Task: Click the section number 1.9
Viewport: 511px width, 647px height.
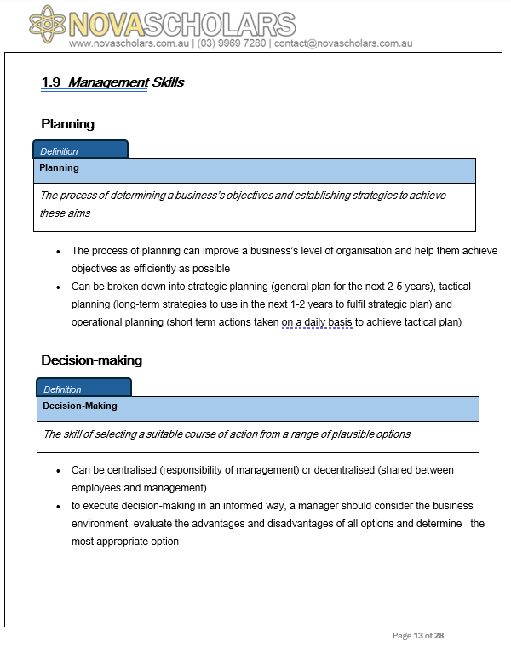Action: pos(51,82)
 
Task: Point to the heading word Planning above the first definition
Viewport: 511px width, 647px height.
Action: pos(67,124)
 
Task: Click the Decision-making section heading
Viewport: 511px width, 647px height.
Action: pos(91,360)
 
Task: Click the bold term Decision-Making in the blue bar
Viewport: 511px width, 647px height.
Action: pos(80,406)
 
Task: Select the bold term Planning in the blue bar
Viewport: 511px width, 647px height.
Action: pos(59,167)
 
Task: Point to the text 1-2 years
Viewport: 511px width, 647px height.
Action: pos(261,304)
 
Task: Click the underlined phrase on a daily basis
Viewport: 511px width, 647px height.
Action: pos(317,322)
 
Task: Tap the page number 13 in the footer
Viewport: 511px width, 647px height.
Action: pos(418,636)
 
